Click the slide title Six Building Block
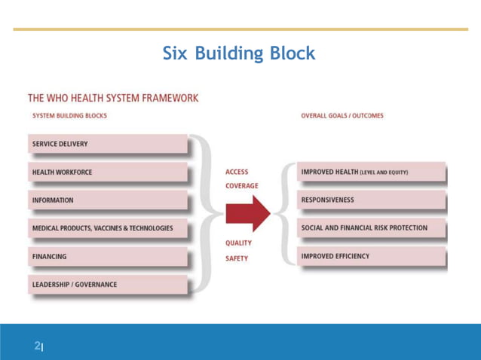tap(239, 54)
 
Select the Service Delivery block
tap(108, 144)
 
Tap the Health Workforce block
tap(108, 172)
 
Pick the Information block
tap(108, 200)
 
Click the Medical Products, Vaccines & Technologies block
tap(108, 228)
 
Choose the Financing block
tap(108, 256)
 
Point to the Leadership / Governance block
tap(108, 285)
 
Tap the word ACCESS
tap(237, 172)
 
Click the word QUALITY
tap(239, 243)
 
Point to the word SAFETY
tap(237, 257)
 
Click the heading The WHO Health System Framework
tap(113, 97)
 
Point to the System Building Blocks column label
tap(69, 116)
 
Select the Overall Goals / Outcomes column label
tap(342, 116)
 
